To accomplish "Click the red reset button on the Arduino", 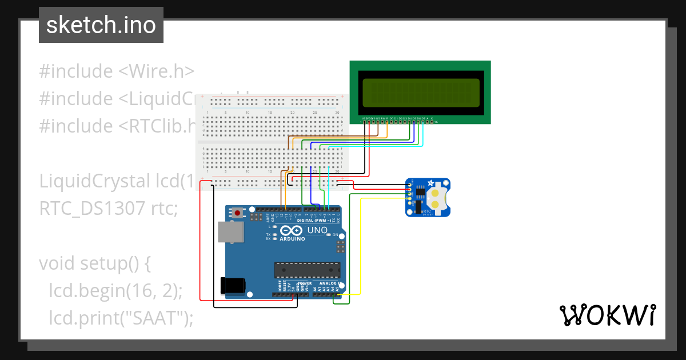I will (x=237, y=213).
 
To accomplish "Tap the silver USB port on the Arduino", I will (x=230, y=232).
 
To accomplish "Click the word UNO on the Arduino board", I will (x=318, y=230).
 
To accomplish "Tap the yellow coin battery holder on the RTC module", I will (x=437, y=197).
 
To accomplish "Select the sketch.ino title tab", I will (x=101, y=25).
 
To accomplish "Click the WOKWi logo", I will (x=607, y=315).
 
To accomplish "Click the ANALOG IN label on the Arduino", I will (x=329, y=283).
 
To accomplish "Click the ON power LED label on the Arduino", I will (x=336, y=235).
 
